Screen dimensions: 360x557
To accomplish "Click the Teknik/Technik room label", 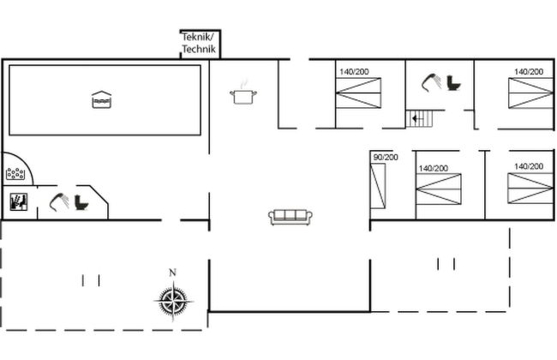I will pyautogui.click(x=200, y=44).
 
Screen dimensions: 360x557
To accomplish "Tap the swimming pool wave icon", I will pyautogui.click(x=101, y=100).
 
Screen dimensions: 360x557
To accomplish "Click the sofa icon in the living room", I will pyautogui.click(x=289, y=217).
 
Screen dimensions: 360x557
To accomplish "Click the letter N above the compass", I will pyautogui.click(x=172, y=273).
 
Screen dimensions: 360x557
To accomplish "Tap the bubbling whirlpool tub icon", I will pyautogui.click(x=15, y=174).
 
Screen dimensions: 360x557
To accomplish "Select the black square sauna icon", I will pyautogui.click(x=19, y=203).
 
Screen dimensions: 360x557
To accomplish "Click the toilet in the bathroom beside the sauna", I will pyautogui.click(x=81, y=203).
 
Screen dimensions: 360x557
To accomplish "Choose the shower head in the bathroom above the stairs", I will pyautogui.click(x=430, y=82).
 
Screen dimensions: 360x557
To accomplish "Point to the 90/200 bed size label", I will pyautogui.click(x=386, y=157).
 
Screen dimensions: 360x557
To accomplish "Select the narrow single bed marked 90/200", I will pyautogui.click(x=379, y=184).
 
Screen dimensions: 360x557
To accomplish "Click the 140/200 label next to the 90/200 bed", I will pyautogui.click(x=433, y=168).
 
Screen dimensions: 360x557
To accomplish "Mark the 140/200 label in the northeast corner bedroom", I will pyautogui.click(x=528, y=72).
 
